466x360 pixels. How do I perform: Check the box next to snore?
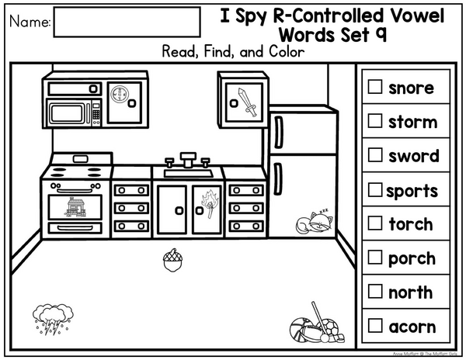coord(375,87)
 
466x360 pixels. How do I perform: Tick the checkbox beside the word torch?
coord(375,223)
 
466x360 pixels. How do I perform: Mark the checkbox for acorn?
coord(375,325)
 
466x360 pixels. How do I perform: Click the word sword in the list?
coord(414,156)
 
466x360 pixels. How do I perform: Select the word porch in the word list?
coord(412,259)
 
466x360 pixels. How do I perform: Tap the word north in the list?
coord(410,292)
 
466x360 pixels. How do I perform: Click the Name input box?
coord(127,22)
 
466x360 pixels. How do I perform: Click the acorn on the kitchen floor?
coord(172,260)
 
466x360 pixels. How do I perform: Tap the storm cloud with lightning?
coord(53,318)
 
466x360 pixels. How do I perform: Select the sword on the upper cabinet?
coord(247,102)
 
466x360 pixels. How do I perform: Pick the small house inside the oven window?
coord(76,207)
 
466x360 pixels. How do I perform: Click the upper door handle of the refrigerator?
coord(279,132)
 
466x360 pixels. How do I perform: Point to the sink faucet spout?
coord(188,160)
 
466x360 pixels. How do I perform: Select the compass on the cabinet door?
coord(119,94)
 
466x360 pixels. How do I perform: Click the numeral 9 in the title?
coord(381,34)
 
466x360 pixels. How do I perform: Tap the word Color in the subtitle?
coord(287,52)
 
